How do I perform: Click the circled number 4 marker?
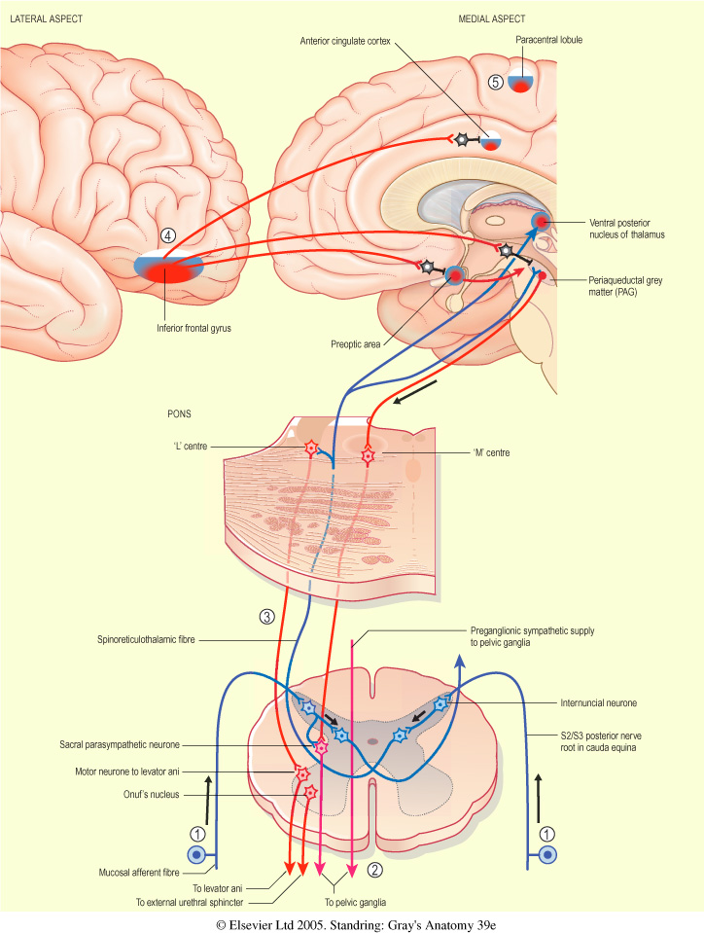[168, 235]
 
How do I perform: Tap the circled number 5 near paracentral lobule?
[496, 82]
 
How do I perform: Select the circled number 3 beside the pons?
[265, 615]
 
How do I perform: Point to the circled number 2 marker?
[373, 871]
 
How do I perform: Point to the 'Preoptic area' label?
[357, 343]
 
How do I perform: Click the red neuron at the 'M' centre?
[368, 453]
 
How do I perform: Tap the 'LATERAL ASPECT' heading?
[48, 19]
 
